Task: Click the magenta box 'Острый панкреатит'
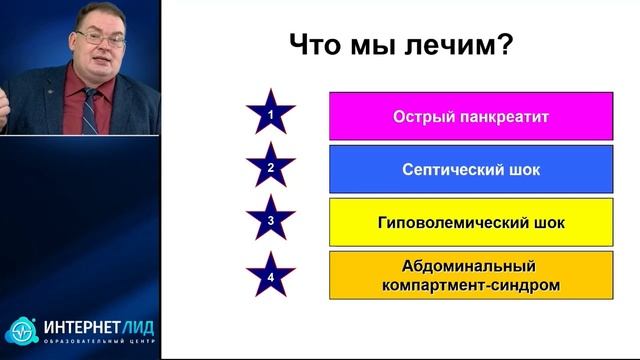(x=470, y=116)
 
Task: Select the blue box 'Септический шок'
(x=470, y=169)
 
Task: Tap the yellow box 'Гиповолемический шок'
(x=470, y=221)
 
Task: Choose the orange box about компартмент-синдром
(x=470, y=275)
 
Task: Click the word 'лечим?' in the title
(x=465, y=45)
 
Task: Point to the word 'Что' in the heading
(x=317, y=45)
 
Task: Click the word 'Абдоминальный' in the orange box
(x=471, y=265)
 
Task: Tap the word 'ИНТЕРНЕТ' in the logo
(x=78, y=327)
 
